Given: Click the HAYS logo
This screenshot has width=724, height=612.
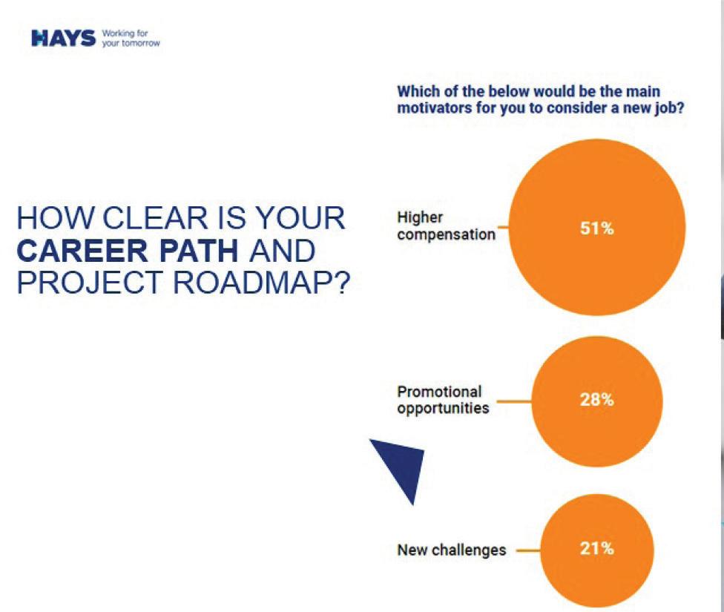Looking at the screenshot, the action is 63,38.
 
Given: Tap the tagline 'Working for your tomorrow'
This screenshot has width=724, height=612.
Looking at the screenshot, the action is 131,38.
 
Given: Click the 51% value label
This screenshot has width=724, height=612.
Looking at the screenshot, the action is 596,228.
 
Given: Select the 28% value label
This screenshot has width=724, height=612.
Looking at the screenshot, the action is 596,400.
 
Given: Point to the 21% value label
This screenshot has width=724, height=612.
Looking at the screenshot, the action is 596,549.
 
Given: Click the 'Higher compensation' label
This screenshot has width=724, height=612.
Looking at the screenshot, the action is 446,226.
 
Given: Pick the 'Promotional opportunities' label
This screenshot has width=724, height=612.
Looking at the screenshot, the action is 443,400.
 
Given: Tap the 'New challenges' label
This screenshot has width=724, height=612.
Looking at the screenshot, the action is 452,550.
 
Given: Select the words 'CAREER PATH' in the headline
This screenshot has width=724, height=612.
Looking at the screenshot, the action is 128,250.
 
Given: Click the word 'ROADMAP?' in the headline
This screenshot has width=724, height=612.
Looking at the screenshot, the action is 261,283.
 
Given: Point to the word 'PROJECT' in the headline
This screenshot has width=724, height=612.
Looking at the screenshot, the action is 90,283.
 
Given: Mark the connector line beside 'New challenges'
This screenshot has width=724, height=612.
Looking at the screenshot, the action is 528,550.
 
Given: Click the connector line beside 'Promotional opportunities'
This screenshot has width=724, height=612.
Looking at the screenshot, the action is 514,401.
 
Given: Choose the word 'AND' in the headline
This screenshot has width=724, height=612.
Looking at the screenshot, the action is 282,250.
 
